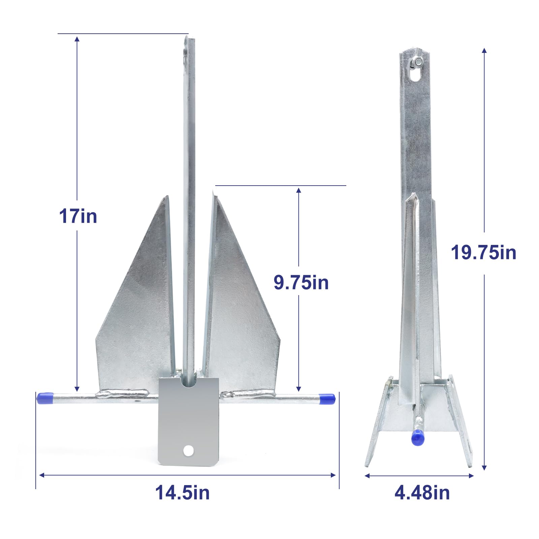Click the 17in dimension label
pyautogui.click(x=78, y=216)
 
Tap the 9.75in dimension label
pyautogui.click(x=301, y=282)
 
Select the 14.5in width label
pyautogui.click(x=182, y=493)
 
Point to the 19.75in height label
pyautogui.click(x=483, y=252)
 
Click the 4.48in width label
pyautogui.click(x=422, y=493)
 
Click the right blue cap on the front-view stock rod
pyautogui.click(x=326, y=399)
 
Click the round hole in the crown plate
pyautogui.click(x=188, y=450)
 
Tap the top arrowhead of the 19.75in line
pyautogui.click(x=484, y=51)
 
